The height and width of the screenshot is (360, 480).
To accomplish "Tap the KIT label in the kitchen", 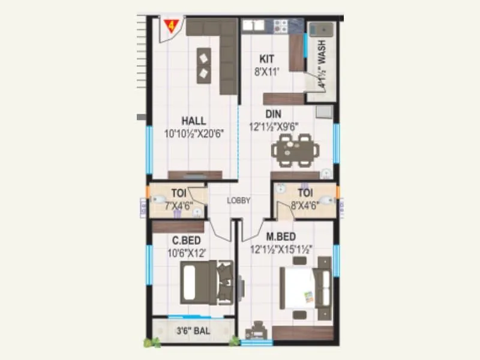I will click(267, 59).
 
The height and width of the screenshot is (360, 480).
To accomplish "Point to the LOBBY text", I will click(238, 201).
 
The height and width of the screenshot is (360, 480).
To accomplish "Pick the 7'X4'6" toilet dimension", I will click(178, 206).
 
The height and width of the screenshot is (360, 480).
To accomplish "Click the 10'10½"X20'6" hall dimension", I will click(193, 134).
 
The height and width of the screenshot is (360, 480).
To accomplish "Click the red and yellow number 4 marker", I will click(172, 26).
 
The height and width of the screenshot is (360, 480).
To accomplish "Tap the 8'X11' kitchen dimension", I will click(268, 71).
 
